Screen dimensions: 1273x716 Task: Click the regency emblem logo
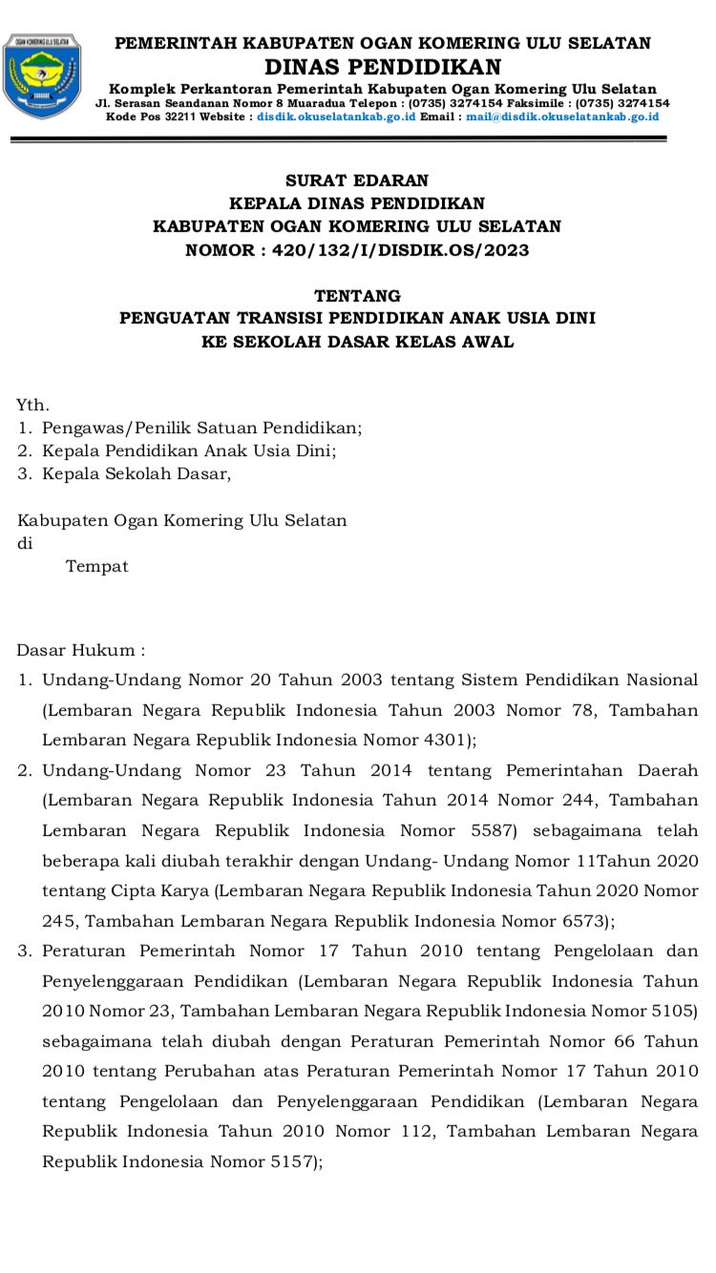[x=42, y=75]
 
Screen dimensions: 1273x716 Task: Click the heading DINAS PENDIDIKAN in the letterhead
[x=382, y=66]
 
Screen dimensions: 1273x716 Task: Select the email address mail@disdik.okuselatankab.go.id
[x=562, y=116]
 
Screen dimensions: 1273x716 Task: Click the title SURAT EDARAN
[x=357, y=180]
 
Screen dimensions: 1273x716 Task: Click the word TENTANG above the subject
[x=357, y=296]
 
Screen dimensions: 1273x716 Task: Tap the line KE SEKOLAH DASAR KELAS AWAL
[x=357, y=342]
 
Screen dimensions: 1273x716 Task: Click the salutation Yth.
[x=32, y=405]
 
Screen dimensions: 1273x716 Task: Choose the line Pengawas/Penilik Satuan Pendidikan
[x=202, y=428]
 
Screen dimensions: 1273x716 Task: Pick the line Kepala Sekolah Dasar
[x=137, y=473]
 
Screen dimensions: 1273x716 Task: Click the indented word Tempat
[x=96, y=566]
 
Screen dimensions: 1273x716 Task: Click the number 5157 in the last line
[x=291, y=1161]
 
